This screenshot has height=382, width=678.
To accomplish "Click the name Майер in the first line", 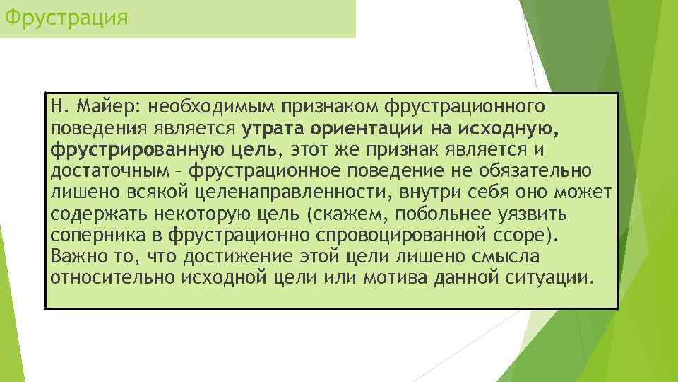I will click(x=109, y=107).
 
